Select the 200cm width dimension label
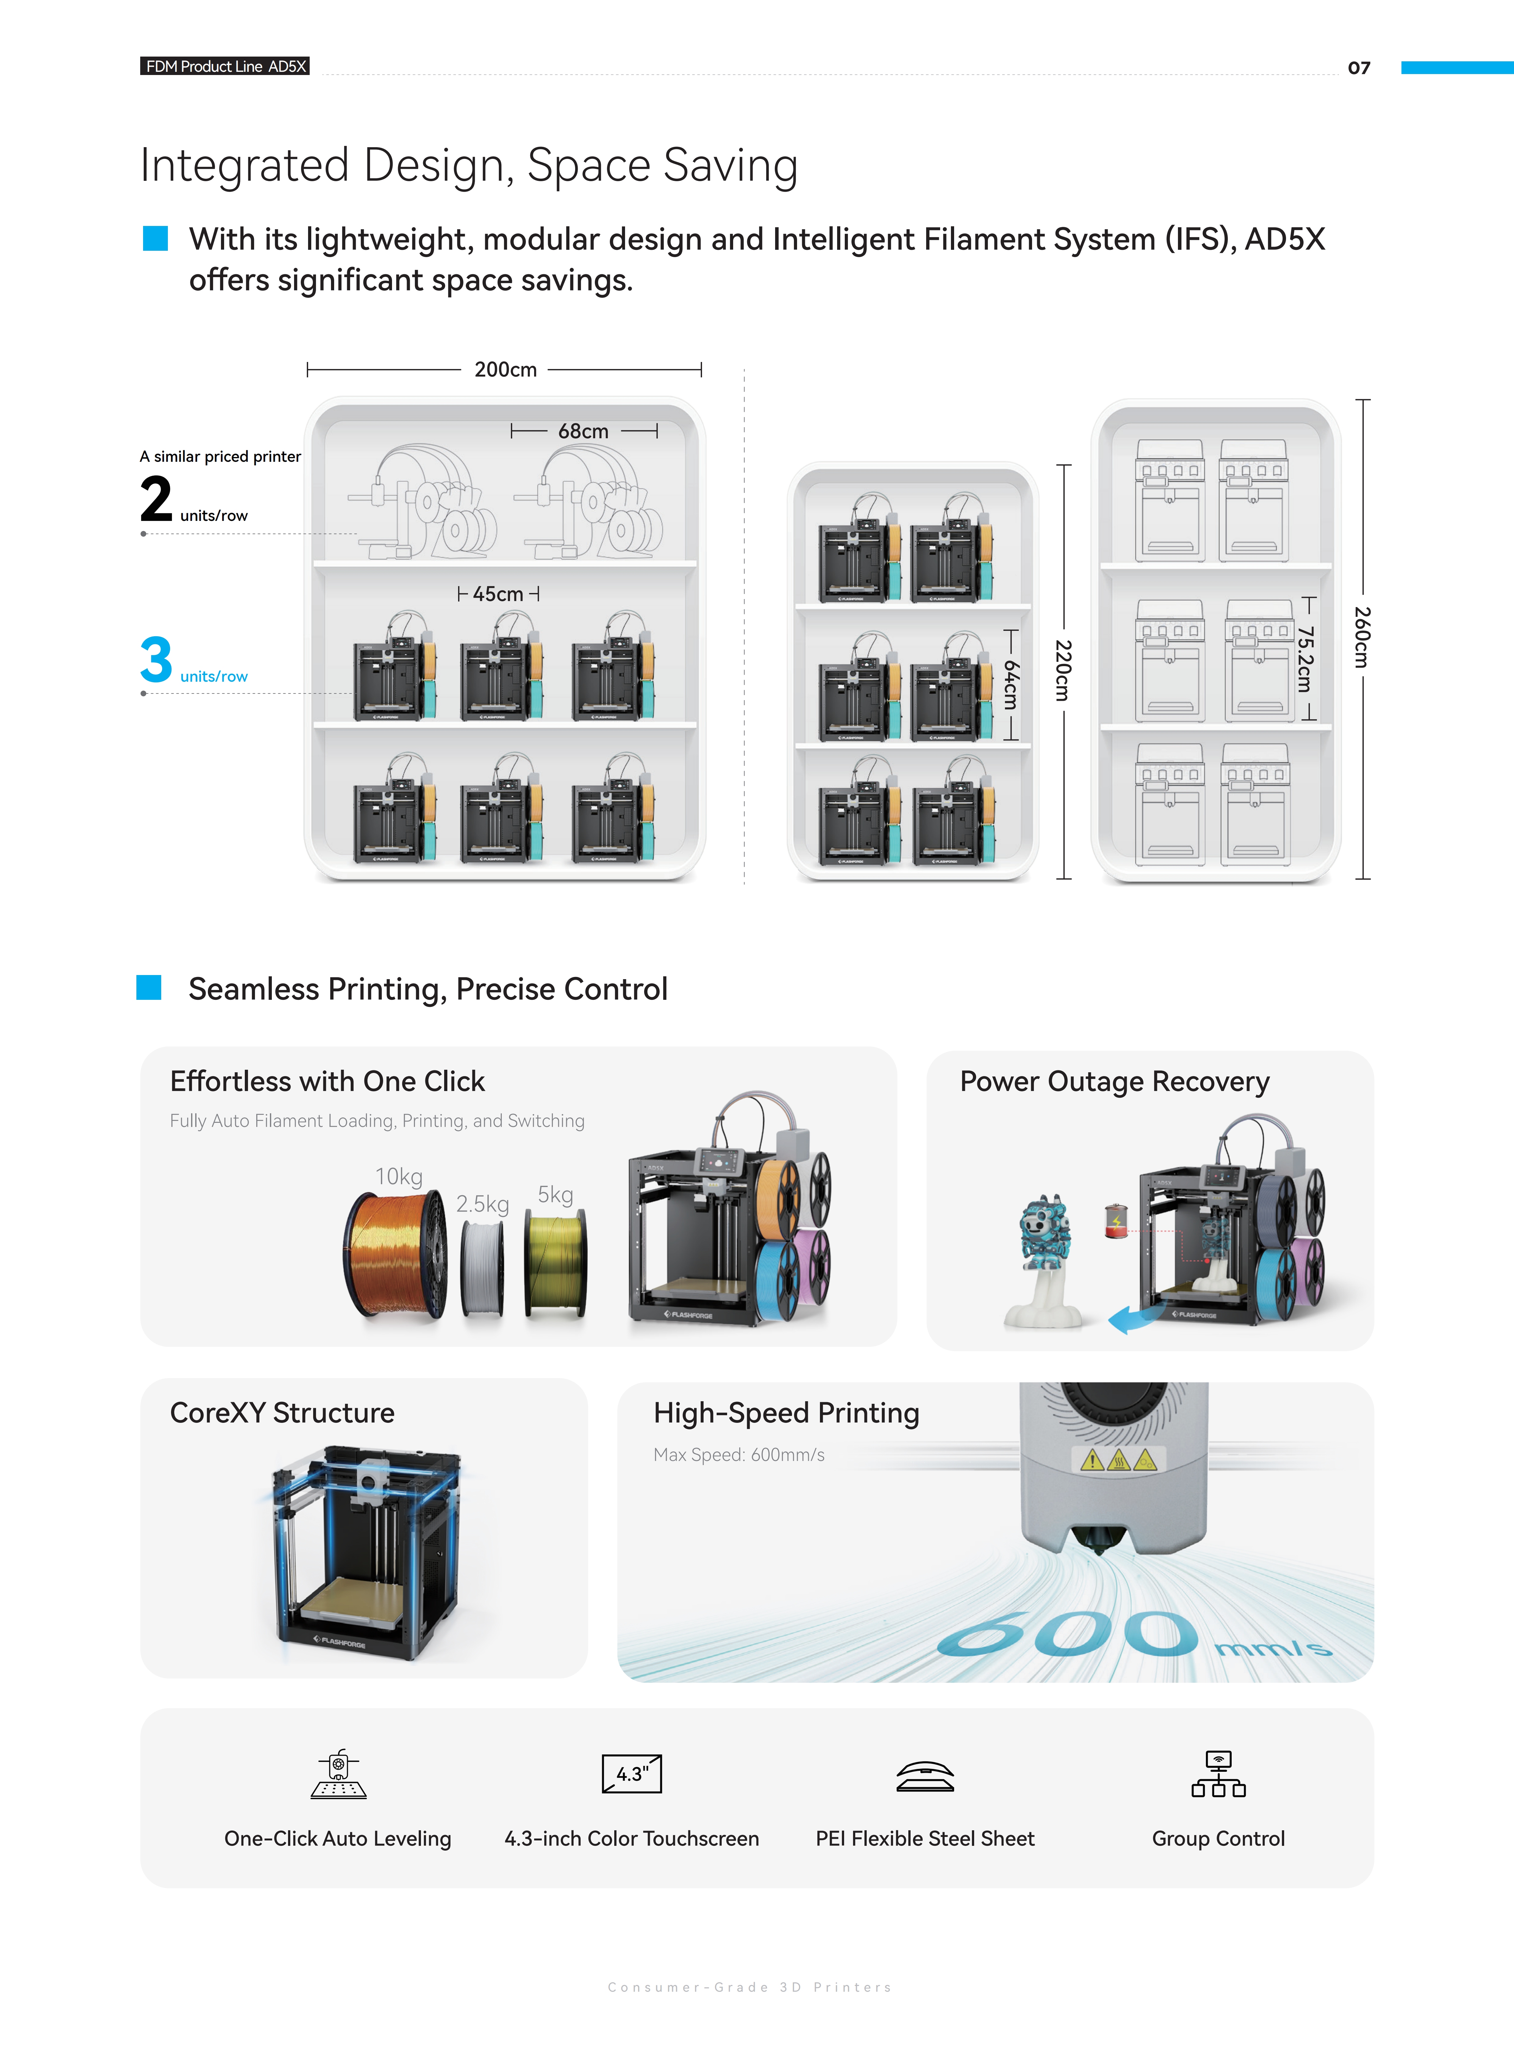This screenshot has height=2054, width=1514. [x=505, y=369]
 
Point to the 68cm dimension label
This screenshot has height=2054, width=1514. [x=583, y=431]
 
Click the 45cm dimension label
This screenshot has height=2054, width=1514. [x=498, y=594]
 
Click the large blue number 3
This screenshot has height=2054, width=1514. [x=156, y=660]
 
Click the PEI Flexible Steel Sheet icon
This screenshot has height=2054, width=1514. [x=925, y=1776]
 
